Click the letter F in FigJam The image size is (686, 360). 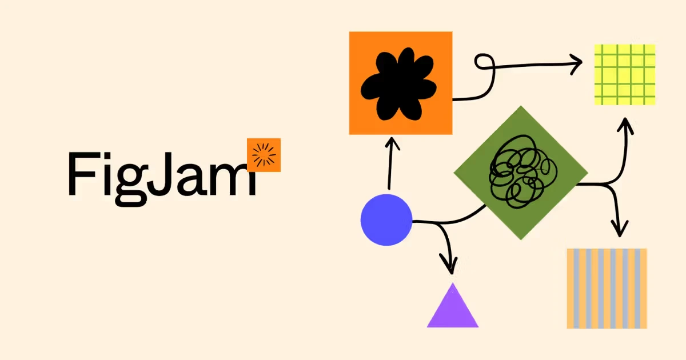(83, 173)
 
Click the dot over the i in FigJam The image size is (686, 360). (107, 155)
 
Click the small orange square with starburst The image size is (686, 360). (264, 155)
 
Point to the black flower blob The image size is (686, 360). (398, 84)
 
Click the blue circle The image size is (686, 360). (386, 220)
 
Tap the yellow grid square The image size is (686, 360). (625, 75)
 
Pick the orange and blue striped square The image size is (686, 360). (607, 289)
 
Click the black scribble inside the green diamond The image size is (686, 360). (523, 171)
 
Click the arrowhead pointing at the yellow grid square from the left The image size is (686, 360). (576, 64)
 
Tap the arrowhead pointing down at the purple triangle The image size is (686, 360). (449, 264)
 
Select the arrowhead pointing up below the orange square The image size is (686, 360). (392, 143)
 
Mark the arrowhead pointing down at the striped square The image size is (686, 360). (620, 228)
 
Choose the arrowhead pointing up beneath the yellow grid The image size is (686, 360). (625, 126)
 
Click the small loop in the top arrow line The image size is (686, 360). (485, 62)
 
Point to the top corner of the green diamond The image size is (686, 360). (521, 106)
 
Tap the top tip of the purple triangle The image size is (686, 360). (453, 283)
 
